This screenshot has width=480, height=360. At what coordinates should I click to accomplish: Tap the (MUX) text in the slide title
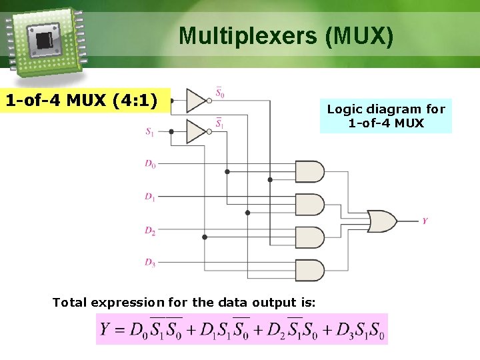[x=359, y=36]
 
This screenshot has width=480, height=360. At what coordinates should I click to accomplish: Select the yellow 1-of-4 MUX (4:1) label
[x=81, y=101]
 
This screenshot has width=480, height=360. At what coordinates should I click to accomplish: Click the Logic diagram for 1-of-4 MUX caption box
[x=385, y=116]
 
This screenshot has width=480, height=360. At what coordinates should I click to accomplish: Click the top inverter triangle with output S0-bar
[x=197, y=100]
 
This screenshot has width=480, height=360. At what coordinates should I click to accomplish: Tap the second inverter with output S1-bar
[x=197, y=131]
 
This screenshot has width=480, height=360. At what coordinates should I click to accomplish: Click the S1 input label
[x=150, y=132]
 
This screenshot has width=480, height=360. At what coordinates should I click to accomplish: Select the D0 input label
[x=150, y=164]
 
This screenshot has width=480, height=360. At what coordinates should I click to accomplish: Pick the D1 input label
[x=150, y=197]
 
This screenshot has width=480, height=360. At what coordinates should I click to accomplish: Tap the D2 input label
[x=150, y=230]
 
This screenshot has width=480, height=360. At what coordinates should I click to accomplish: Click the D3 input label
[x=150, y=262]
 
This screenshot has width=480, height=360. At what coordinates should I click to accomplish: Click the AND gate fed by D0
[x=309, y=171]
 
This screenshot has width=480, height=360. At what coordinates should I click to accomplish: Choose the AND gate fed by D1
[x=309, y=204]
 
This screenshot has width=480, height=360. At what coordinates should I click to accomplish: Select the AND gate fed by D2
[x=309, y=237]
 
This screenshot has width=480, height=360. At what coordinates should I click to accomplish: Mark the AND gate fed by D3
[x=309, y=269]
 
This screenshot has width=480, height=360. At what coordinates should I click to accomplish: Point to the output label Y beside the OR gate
[x=425, y=221]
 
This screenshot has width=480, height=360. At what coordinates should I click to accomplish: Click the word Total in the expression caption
[x=69, y=303]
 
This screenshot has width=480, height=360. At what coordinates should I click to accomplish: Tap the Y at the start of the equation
[x=105, y=329]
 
